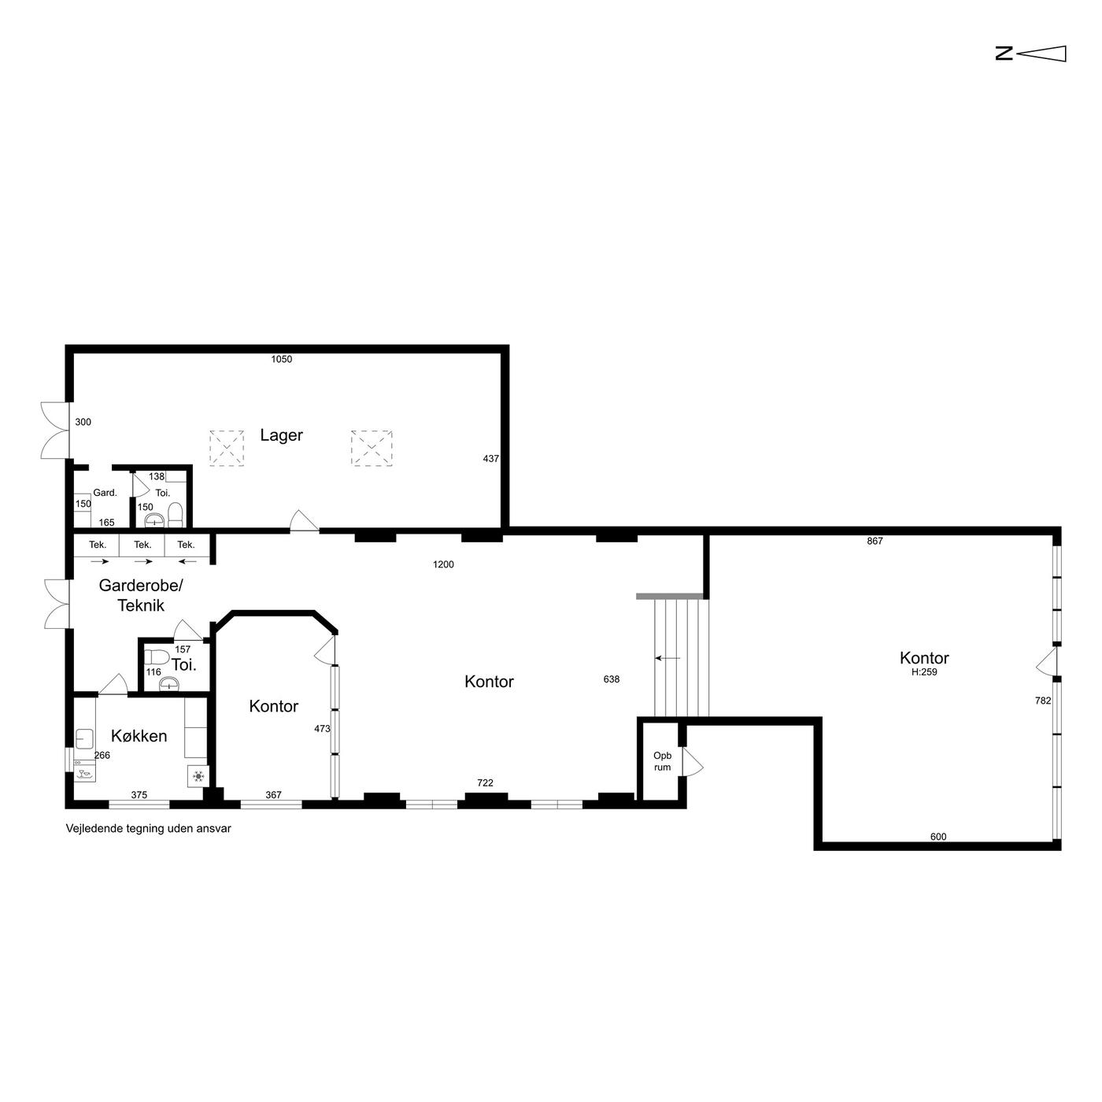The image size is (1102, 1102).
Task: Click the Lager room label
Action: point(281,435)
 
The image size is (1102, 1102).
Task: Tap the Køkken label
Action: point(139,736)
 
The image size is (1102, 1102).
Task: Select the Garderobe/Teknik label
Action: point(141,595)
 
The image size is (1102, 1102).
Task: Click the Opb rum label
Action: point(662,761)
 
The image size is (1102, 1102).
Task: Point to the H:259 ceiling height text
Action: point(924,672)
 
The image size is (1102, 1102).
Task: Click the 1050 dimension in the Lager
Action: point(281,359)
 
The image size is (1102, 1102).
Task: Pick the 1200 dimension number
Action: point(443,564)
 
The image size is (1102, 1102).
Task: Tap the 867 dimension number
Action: point(875,541)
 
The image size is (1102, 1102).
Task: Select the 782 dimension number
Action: point(1043,701)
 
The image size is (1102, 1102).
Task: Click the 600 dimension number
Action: point(938,837)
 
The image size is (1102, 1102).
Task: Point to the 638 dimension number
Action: point(612,679)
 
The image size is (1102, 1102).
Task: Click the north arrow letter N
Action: point(1004,54)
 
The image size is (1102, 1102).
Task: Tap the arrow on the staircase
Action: point(667,658)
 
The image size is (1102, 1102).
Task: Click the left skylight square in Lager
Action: point(227,448)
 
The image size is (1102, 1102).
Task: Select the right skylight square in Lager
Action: point(372,448)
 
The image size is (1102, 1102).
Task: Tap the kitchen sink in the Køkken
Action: point(85,739)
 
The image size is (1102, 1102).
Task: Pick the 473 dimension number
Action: point(322,729)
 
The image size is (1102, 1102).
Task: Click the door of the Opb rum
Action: point(693,762)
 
